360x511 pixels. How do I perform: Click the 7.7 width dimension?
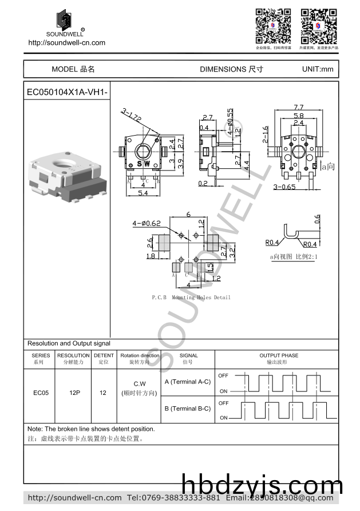click(x=298, y=107)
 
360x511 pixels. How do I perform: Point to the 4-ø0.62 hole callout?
click(x=147, y=223)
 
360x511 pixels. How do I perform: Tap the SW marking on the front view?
click(x=143, y=164)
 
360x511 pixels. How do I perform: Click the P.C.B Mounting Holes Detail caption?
click(x=191, y=298)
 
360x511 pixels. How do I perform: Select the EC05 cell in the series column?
click(x=41, y=393)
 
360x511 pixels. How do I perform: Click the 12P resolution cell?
click(x=74, y=393)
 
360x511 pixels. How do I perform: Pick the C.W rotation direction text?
click(x=140, y=383)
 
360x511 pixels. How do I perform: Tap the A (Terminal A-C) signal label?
click(x=187, y=382)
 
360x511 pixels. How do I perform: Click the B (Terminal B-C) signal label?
click(x=187, y=409)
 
